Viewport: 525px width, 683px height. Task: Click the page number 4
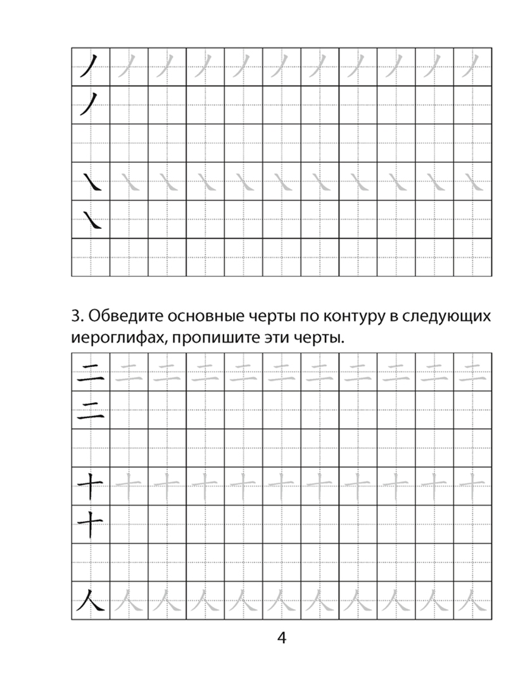pos(282,637)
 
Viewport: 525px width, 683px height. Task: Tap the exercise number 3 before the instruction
pos(74,315)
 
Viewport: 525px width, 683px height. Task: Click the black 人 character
pos(90,599)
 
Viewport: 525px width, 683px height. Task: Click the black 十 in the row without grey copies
pos(90,524)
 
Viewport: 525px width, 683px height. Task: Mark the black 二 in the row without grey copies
pos(90,410)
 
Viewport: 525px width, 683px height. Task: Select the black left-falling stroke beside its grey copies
pos(90,66)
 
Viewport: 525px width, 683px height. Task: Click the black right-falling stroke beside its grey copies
pos(91,182)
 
